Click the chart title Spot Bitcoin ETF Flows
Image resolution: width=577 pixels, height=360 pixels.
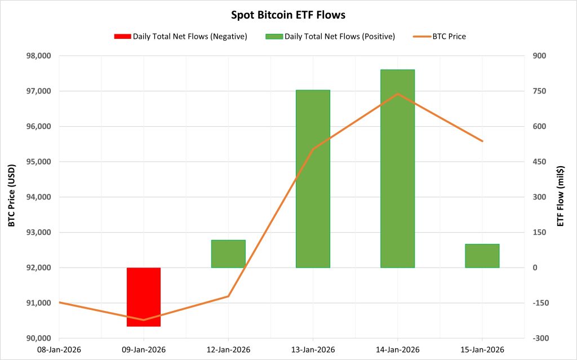tap(288, 14)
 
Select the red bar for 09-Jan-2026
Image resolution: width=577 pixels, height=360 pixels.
tap(144, 297)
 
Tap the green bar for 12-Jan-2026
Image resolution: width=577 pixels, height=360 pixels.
tap(228, 254)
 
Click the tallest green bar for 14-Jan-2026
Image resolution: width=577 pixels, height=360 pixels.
tap(397, 169)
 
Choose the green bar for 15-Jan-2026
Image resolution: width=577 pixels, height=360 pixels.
tap(482, 256)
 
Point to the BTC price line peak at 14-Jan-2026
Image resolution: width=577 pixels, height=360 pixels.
tap(397, 94)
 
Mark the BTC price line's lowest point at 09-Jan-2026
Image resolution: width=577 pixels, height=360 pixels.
tap(144, 320)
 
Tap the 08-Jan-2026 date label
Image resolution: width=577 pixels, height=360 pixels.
tap(59, 349)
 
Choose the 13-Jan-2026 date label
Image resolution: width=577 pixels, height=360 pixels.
tap(313, 349)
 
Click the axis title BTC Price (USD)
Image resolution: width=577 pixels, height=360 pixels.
tap(11, 197)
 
